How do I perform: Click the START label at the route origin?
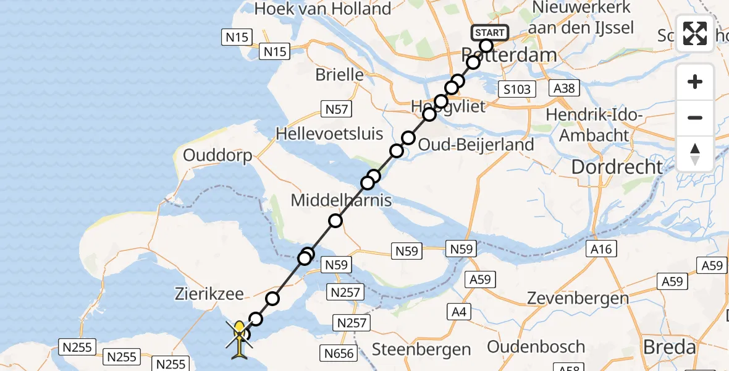tap(490, 32)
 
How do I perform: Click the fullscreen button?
tap(695, 33)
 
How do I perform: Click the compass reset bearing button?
tap(695, 154)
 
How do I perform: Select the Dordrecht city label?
tap(617, 166)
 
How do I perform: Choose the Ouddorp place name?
tap(217, 155)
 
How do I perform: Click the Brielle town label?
tap(339, 75)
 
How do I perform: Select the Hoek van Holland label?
tap(322, 9)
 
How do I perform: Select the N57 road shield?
tap(337, 109)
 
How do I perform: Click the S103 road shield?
tap(516, 89)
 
